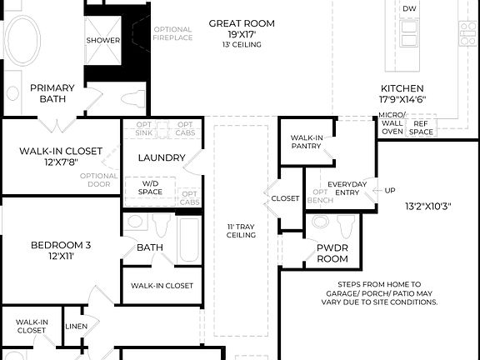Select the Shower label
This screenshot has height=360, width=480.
point(102,40)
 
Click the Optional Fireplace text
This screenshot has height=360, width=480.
point(172,32)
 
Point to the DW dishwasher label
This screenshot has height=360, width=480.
point(409,9)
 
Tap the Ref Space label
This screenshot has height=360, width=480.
point(421,127)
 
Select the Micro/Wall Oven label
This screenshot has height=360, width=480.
point(392,122)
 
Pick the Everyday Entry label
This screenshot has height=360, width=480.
point(347,188)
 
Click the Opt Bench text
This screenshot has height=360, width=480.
point(321,197)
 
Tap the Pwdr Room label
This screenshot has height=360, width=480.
point(332,253)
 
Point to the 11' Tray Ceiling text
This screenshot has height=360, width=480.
point(241,230)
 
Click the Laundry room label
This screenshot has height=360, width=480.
point(161,157)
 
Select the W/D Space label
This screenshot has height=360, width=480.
point(150,187)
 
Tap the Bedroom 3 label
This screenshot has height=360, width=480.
point(61,250)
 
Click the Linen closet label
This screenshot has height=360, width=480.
point(76,326)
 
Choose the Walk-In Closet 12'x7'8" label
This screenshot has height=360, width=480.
point(61,156)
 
